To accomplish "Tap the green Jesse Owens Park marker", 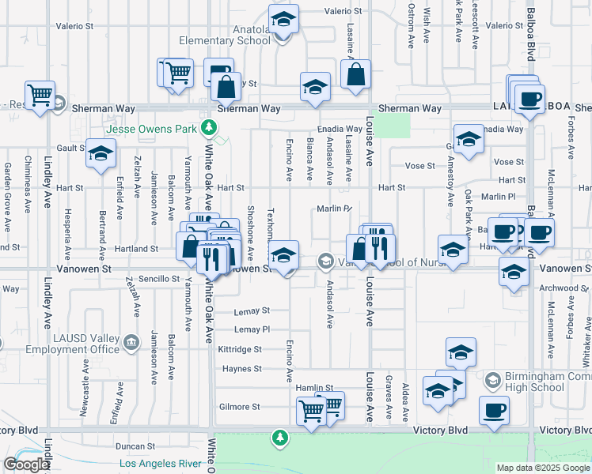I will coord(209,126).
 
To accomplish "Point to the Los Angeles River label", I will coord(166,464).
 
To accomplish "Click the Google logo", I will coord(26,465).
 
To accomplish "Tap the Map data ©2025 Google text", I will coord(543,468).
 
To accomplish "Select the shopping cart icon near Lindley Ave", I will coord(40,94).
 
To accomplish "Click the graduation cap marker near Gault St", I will coord(101,153).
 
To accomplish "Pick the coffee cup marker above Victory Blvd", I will coord(494,411).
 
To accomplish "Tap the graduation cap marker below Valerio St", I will coord(283,19).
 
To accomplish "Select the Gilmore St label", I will coord(239,407).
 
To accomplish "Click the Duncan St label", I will coord(132,446).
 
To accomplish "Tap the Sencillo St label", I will coord(159,279).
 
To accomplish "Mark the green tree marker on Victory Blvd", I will coord(279,436).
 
